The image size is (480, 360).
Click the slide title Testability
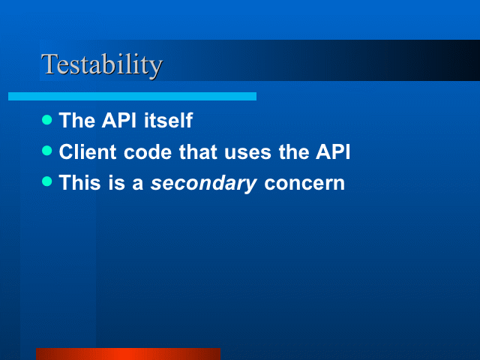click(x=102, y=65)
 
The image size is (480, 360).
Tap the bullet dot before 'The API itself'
click(x=46, y=119)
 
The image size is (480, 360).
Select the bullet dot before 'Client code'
click(x=46, y=150)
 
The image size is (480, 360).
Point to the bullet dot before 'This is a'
click(x=46, y=181)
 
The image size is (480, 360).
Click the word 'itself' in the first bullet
click(x=168, y=120)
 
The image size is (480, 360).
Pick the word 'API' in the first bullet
click(x=119, y=120)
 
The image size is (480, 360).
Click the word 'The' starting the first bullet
click(x=76, y=120)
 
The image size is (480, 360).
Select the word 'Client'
click(x=88, y=151)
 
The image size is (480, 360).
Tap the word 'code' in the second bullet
click(x=148, y=151)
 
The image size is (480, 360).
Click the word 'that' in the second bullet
click(x=198, y=151)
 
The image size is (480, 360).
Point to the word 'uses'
click(x=248, y=152)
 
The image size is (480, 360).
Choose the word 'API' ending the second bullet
click(x=333, y=151)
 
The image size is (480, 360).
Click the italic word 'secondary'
click(x=203, y=184)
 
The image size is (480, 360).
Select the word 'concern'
click(x=304, y=184)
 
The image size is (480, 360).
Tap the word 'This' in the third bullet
click(x=80, y=183)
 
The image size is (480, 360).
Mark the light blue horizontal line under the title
click(x=132, y=97)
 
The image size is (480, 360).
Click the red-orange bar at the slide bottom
click(x=128, y=354)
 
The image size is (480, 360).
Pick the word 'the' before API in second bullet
click(x=294, y=151)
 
